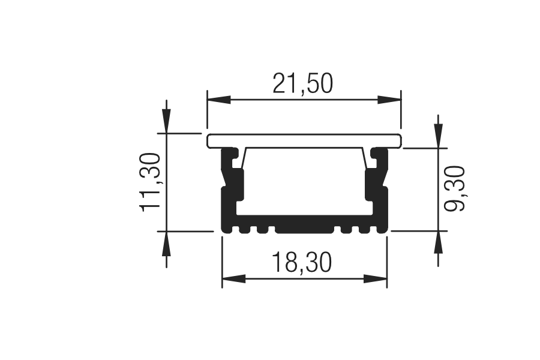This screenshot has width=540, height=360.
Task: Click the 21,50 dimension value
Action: pyautogui.click(x=303, y=84)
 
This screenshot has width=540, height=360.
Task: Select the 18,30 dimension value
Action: pyautogui.click(x=302, y=263)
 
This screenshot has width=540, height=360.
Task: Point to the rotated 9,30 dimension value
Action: pyautogui.click(x=454, y=188)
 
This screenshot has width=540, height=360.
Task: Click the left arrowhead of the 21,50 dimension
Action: pyautogui.click(x=218, y=100)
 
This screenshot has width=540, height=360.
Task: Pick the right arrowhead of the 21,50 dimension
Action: pyautogui.click(x=389, y=100)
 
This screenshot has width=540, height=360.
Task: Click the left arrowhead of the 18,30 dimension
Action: pyautogui.click(x=234, y=278)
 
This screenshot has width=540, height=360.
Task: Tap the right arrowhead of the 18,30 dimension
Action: pyautogui.click(x=376, y=278)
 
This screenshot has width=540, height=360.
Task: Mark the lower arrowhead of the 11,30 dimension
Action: pyautogui.click(x=167, y=243)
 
